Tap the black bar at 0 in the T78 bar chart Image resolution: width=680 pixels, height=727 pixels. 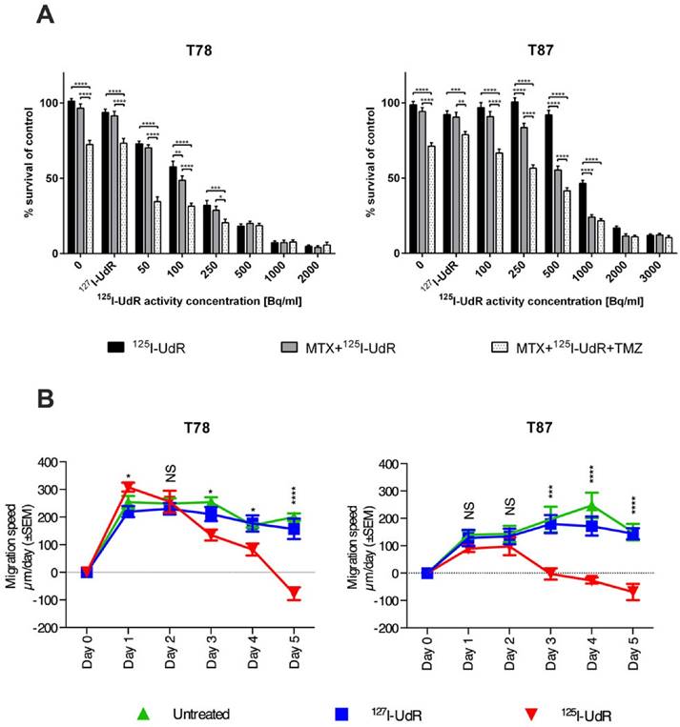71,176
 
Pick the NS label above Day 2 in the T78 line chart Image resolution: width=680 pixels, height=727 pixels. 171,469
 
